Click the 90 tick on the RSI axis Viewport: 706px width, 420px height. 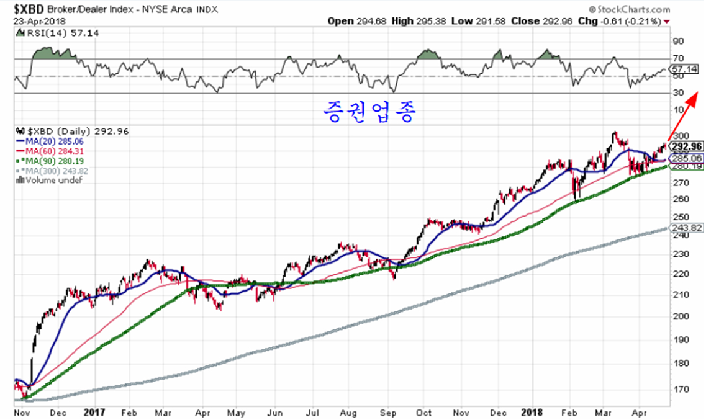[679, 42]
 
